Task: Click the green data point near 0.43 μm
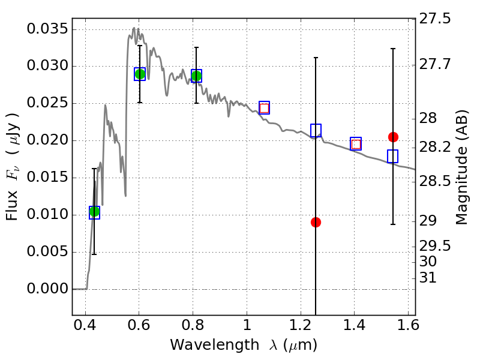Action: (x=94, y=211)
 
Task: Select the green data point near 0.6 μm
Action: (x=140, y=74)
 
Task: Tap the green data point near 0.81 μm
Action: (x=196, y=76)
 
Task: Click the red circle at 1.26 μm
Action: (x=316, y=222)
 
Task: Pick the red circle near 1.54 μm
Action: (x=393, y=137)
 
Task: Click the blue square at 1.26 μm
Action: (x=316, y=130)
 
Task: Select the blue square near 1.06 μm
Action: (x=264, y=108)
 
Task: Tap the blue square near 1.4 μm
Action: (x=356, y=143)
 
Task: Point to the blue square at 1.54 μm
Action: (x=393, y=156)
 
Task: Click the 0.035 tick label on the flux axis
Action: (x=47, y=29)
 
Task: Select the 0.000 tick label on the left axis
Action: (x=47, y=289)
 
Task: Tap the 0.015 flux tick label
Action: (x=47, y=178)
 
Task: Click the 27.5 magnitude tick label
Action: (x=436, y=19)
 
